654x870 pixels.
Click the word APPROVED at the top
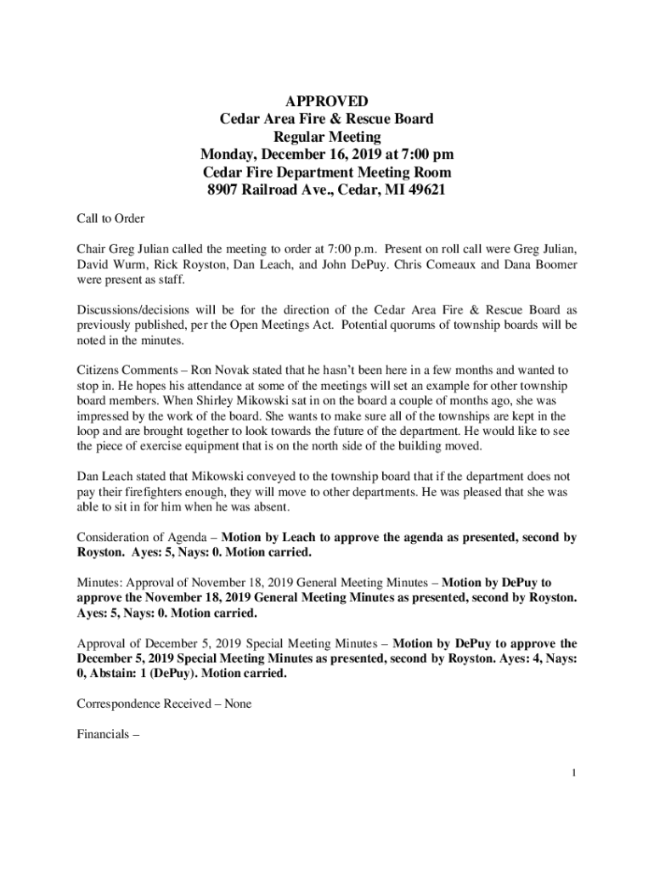[x=326, y=100]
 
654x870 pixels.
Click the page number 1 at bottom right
[x=575, y=772]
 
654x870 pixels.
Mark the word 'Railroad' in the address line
[x=281, y=190]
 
